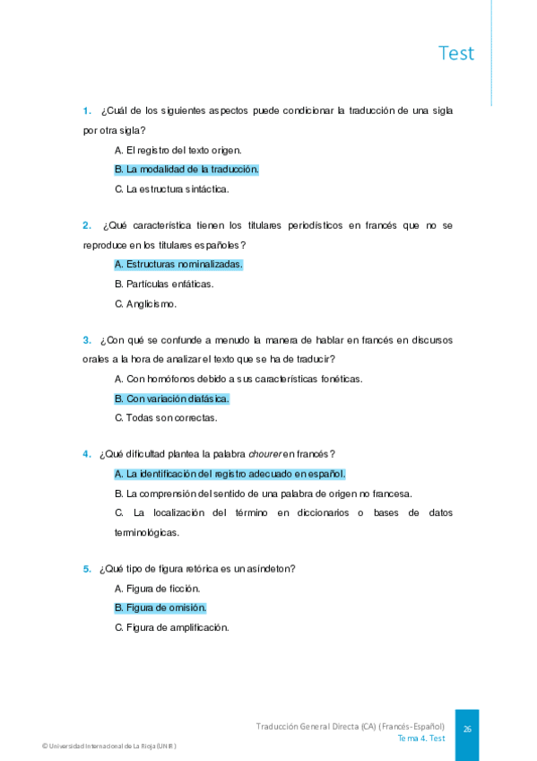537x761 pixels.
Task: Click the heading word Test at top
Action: pos(456,53)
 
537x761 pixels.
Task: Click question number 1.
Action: pos(87,111)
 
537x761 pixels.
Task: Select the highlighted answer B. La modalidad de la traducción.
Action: pos(186,169)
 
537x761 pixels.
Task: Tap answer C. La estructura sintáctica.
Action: pos(172,188)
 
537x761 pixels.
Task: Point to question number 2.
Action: pos(87,225)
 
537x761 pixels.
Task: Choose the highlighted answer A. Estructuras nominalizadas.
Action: pos(178,264)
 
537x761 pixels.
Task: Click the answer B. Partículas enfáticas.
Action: pos(164,284)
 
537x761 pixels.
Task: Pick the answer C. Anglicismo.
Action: pos(146,303)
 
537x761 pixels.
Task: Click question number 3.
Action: pos(87,340)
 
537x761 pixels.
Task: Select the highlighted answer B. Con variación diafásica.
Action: pos(172,398)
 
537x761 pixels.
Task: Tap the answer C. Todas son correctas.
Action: pos(166,417)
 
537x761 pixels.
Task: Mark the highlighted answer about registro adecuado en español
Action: pos(230,474)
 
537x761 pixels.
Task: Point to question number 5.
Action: pos(87,569)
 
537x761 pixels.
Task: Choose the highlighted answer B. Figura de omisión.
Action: pos(160,608)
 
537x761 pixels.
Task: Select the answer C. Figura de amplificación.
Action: pos(172,627)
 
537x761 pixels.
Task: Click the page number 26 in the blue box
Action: pos(467,729)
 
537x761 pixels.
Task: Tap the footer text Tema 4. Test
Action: pos(421,739)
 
